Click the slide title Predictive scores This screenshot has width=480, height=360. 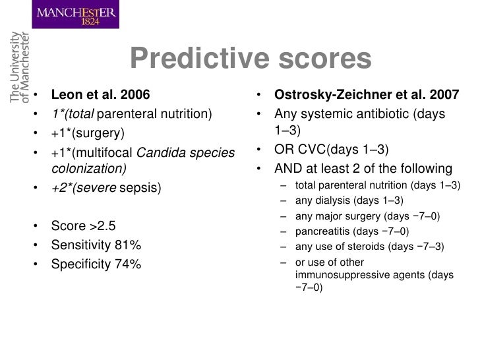tap(251, 61)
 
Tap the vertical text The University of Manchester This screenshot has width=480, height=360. tap(21, 67)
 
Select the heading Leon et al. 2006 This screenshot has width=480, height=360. tap(101, 93)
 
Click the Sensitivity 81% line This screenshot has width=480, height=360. tap(96, 245)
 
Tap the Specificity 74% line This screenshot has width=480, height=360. tap(96, 265)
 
